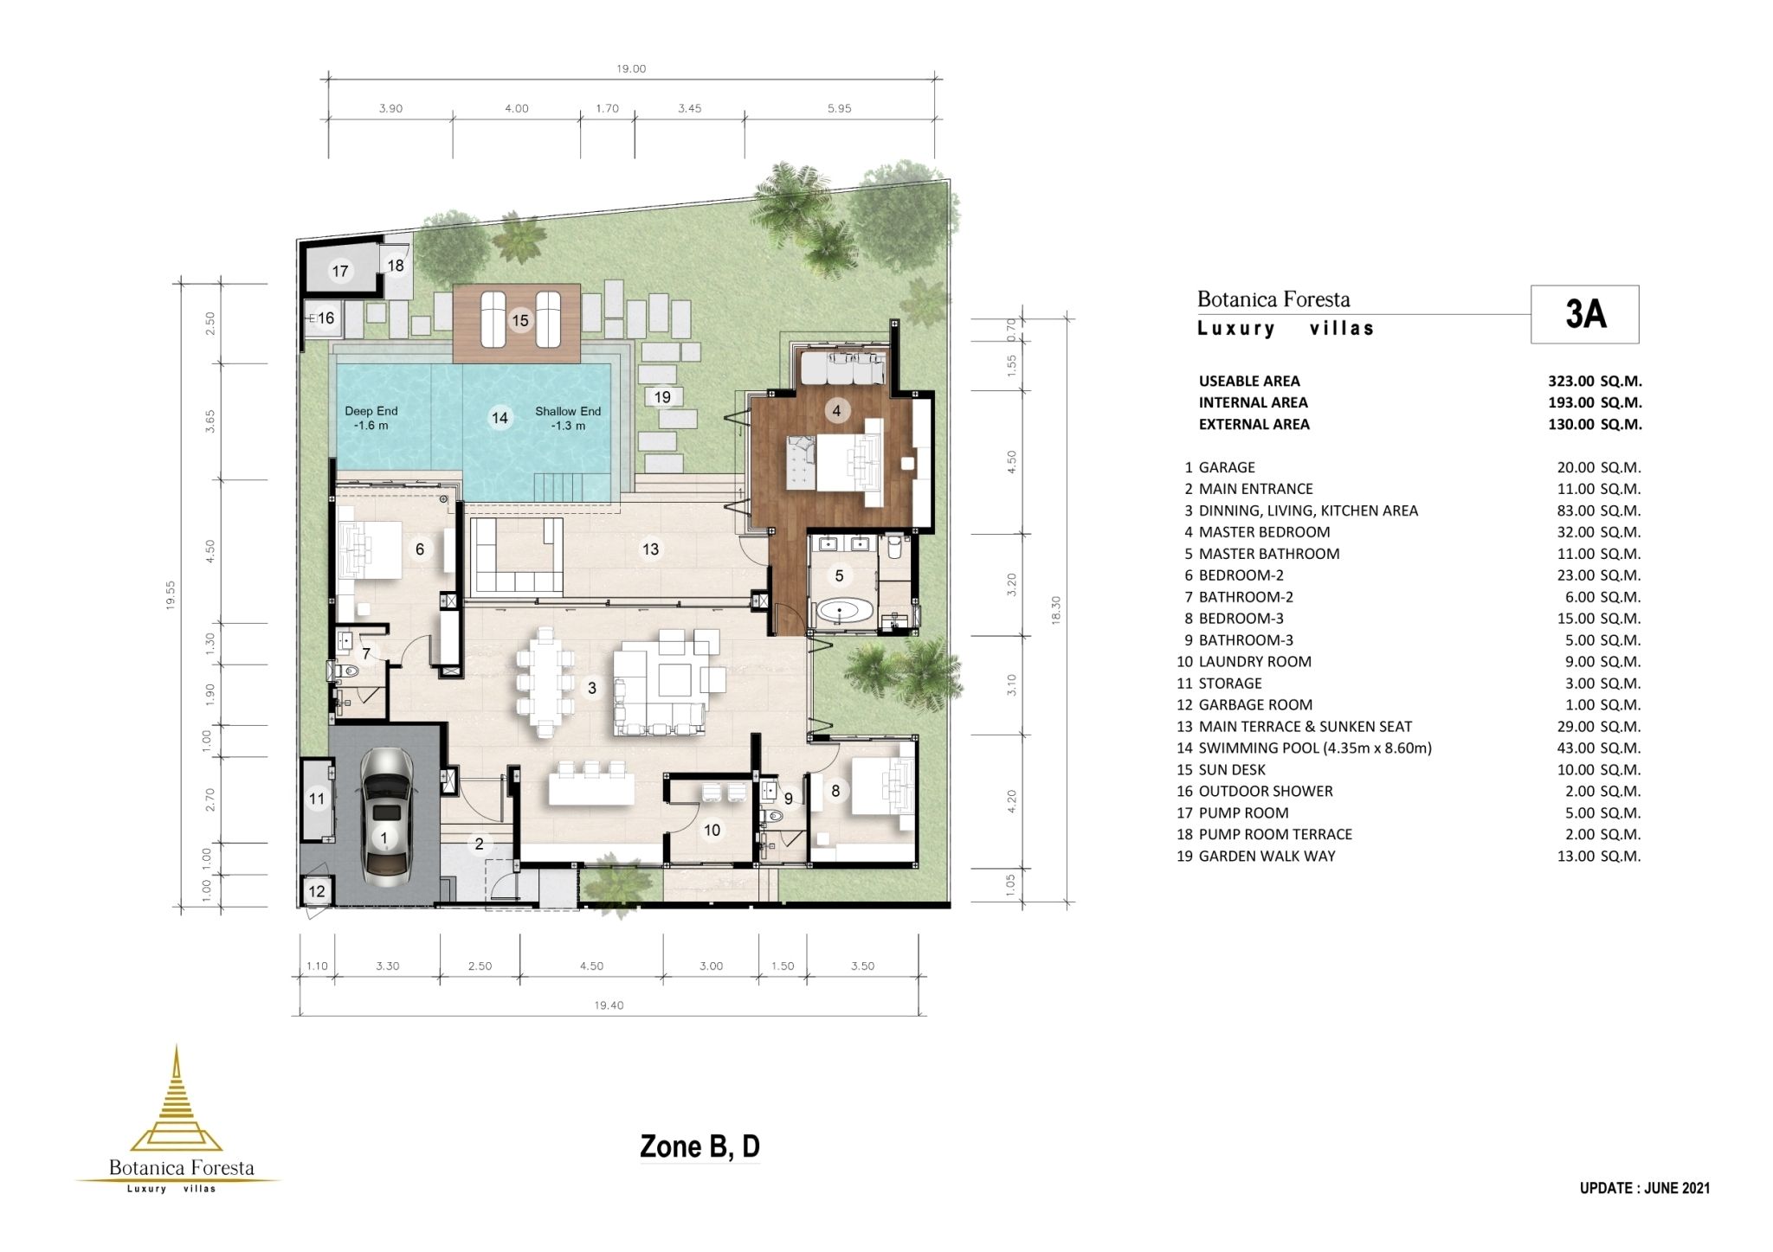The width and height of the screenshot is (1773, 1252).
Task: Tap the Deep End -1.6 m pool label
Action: coord(371,418)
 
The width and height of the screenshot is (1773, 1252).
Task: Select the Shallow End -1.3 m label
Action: coord(567,418)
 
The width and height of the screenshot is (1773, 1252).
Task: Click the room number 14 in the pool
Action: coord(500,418)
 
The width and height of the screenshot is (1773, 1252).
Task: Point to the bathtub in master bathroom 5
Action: coord(843,612)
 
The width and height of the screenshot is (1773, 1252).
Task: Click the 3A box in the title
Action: coord(1584,314)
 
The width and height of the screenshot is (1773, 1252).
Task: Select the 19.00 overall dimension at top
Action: coord(631,69)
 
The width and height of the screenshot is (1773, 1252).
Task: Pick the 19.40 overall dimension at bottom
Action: coord(609,1005)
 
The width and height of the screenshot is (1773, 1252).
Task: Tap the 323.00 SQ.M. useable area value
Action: coord(1595,381)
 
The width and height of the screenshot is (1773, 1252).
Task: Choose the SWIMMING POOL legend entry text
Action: coord(1314,748)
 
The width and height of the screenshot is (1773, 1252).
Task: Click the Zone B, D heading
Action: coord(700,1146)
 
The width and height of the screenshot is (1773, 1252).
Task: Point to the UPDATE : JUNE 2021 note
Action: coord(1644,1188)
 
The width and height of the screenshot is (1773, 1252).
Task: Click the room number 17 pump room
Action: coord(340,271)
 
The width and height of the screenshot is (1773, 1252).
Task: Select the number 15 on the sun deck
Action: coord(519,320)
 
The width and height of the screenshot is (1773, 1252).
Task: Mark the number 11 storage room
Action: coord(317,799)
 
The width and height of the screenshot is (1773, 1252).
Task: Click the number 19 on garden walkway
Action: coord(662,397)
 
